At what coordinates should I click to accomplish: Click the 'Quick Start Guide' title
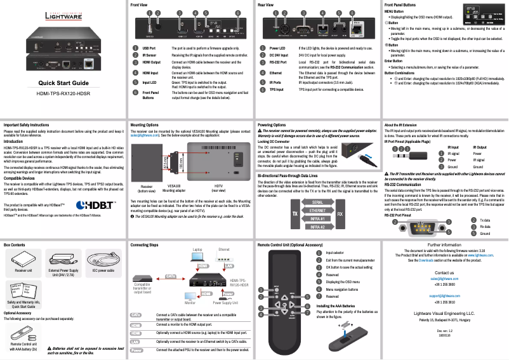click(x=63, y=84)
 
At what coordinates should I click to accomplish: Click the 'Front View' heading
click(x=140, y=4)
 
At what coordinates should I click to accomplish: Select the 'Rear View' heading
click(x=266, y=4)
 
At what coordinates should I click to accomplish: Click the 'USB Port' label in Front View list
click(x=149, y=48)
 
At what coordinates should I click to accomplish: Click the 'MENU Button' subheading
click(x=394, y=11)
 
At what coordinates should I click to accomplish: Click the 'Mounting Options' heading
click(x=145, y=126)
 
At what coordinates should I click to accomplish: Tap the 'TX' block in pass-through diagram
click(x=294, y=214)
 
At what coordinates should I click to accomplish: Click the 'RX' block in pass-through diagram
click(x=340, y=214)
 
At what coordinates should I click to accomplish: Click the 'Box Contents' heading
click(x=15, y=244)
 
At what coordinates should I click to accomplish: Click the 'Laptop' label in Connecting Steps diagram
click(x=197, y=250)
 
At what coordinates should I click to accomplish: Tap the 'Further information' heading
click(x=444, y=244)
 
